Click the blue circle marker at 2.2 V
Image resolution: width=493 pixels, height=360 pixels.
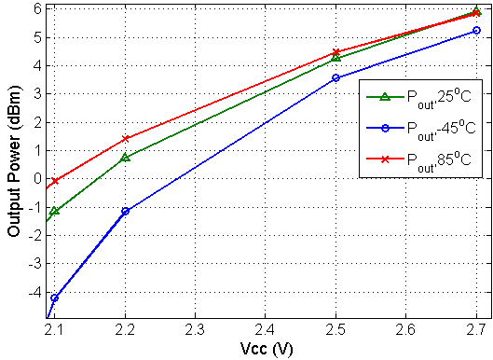126,211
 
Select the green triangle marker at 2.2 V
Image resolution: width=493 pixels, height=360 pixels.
126,157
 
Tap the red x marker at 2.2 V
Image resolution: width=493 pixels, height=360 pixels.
126,138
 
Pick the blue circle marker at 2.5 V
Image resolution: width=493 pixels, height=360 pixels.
336,77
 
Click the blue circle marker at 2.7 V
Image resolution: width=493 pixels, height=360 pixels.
476,31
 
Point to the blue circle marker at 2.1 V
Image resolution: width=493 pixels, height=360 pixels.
55,298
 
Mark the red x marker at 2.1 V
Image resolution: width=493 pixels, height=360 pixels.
55,181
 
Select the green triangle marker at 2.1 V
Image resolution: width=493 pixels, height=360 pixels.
55,211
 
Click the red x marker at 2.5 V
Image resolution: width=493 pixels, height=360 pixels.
336,52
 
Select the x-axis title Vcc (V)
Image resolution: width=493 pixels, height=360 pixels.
267,350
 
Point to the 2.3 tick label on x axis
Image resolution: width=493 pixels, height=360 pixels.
196,331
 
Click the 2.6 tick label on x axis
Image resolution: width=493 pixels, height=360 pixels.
406,331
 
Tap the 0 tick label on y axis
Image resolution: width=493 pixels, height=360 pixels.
36,178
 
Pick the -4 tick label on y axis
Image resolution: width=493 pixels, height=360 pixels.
34,292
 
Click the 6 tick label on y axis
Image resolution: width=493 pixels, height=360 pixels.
36,8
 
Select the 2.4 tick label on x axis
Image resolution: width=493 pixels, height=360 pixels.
266,331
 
